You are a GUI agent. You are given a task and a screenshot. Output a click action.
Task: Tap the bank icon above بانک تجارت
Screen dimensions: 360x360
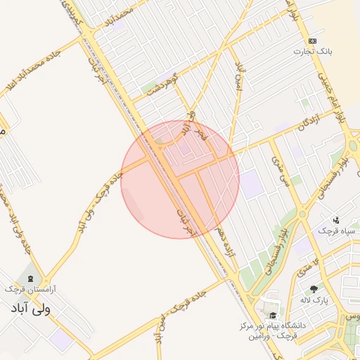[x=313, y=41]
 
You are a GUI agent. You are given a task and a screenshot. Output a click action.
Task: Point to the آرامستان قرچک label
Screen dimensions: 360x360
[x=30, y=289]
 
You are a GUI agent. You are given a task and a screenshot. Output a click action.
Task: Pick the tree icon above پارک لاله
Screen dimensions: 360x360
[x=314, y=289]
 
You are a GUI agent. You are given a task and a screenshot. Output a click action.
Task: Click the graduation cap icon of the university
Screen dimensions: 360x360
[x=273, y=315]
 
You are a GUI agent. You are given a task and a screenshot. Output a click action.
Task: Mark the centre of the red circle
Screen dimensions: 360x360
[x=180, y=179]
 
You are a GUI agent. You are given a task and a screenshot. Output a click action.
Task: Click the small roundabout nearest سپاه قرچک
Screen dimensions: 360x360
[x=303, y=213]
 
